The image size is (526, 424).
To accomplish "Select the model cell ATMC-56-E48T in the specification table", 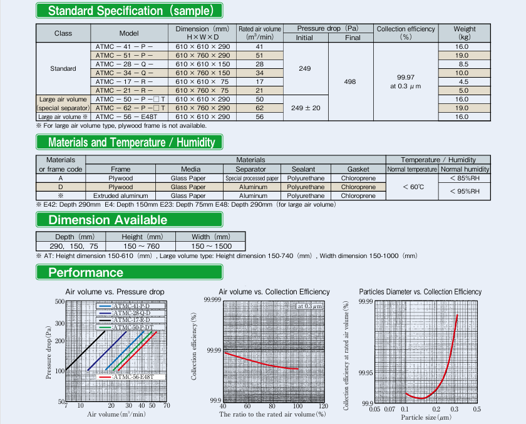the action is click(126, 116).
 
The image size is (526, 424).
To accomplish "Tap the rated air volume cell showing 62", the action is click(259, 108).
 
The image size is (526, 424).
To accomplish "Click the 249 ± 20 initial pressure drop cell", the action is click(306, 108).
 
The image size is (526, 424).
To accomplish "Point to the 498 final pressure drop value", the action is click(350, 81).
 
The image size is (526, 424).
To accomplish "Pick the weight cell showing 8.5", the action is click(463, 64).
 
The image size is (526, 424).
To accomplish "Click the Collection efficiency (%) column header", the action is click(406, 33).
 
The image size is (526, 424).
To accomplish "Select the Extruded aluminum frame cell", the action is click(120, 195).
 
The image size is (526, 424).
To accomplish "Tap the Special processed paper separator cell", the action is click(252, 178).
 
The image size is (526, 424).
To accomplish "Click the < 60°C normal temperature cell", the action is click(413, 187).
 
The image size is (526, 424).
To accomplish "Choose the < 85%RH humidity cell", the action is click(465, 178).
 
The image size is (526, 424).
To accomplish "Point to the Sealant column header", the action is click(303, 169).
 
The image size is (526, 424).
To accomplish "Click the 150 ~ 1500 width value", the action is click(212, 246).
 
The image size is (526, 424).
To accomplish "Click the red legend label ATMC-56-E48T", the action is click(133, 376).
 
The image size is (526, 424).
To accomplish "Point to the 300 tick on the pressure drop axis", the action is click(59, 323).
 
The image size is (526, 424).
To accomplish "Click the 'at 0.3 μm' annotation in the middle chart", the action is click(309, 306).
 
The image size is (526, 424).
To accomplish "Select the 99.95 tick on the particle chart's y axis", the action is click(365, 373).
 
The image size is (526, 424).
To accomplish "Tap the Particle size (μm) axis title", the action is click(426, 417).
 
